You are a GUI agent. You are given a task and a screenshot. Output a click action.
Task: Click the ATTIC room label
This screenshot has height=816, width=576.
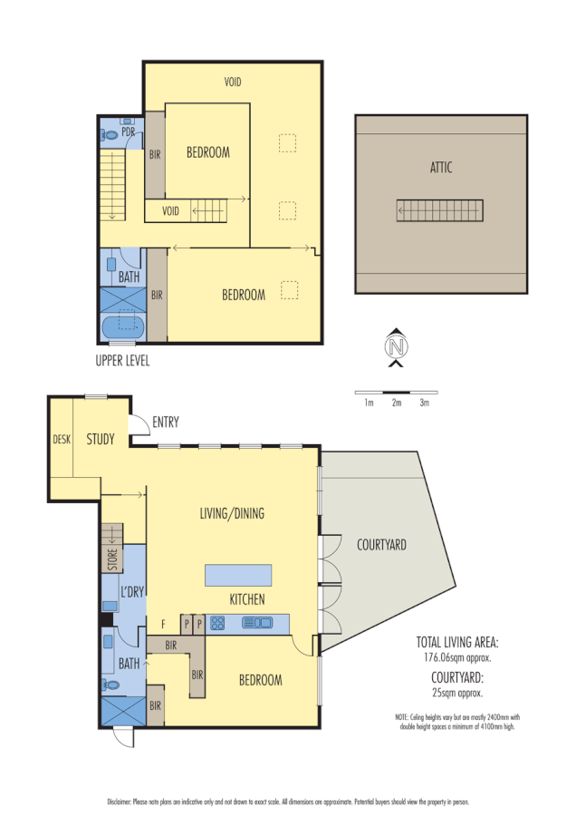[441, 167]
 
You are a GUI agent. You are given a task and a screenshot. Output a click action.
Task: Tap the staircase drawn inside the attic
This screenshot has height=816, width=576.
[441, 210]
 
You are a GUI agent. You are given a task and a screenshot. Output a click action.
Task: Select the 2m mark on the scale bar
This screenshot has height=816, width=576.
[396, 402]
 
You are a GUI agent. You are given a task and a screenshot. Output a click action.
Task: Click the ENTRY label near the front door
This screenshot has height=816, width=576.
[166, 422]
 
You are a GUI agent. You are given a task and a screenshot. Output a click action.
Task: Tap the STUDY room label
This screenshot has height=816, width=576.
[101, 440]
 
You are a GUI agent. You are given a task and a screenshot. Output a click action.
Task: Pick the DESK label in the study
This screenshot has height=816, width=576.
[62, 440]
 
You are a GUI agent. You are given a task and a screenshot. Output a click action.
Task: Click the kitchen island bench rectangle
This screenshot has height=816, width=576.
[238, 575]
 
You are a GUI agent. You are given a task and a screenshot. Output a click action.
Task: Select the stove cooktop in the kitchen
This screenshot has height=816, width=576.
[218, 622]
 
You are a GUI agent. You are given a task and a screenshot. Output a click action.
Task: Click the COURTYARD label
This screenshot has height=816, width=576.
[380, 545]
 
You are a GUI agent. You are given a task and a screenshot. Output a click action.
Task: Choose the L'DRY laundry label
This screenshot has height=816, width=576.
[132, 591]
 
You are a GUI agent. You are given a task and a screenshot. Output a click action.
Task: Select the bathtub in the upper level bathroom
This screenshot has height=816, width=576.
[121, 326]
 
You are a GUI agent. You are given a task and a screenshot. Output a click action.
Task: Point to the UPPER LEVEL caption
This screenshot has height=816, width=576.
[122, 360]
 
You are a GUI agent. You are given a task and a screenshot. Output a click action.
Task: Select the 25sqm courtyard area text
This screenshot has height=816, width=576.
[457, 692]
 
